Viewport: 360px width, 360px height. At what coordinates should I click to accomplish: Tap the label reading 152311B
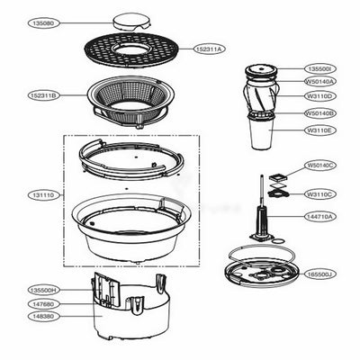click(44, 94)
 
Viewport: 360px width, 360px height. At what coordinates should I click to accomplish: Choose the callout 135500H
click(44, 291)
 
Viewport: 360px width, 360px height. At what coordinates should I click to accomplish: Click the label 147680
click(44, 304)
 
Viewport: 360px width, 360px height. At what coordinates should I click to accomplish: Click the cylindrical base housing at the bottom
click(131, 310)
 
